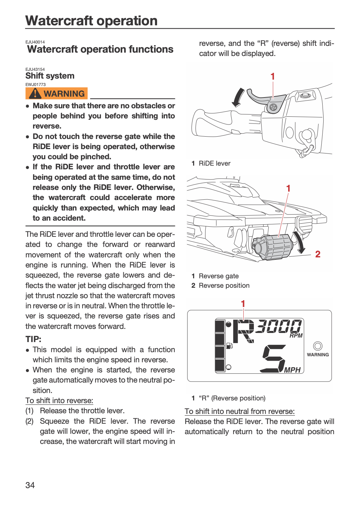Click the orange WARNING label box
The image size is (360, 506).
coord(56,93)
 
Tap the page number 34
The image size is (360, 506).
coord(30,485)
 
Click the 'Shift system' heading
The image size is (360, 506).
coord(50,76)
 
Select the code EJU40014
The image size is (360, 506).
coord(35,42)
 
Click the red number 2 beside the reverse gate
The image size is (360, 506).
coord(318,254)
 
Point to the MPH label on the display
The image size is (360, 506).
coord(292,370)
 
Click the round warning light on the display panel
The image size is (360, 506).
coord(318,346)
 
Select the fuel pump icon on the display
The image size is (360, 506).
coord(229,346)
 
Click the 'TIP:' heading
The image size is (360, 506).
coord(33,339)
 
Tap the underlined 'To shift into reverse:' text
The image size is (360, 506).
coord(59,400)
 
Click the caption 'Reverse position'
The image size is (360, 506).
coord(224,285)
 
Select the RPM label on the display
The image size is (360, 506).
coord(296,336)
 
